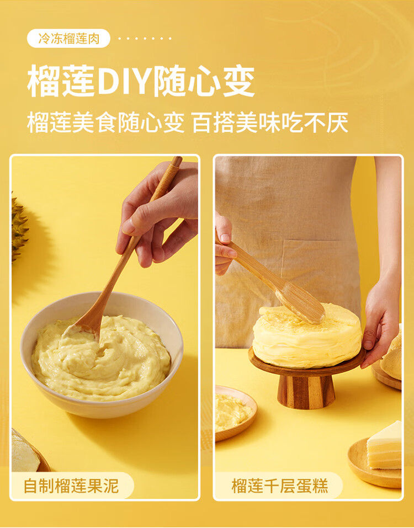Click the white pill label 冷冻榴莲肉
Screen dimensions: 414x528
[x=68, y=39]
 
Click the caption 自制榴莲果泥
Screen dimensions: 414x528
[x=71, y=486]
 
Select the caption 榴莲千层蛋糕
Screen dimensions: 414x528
[x=280, y=486]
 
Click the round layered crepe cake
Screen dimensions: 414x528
[x=307, y=336]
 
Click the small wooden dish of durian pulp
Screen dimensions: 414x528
[x=235, y=413]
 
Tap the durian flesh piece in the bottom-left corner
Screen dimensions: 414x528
[x=25, y=451]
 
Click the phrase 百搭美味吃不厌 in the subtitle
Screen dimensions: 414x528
[x=270, y=123]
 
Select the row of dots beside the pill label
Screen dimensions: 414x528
[x=145, y=39]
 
